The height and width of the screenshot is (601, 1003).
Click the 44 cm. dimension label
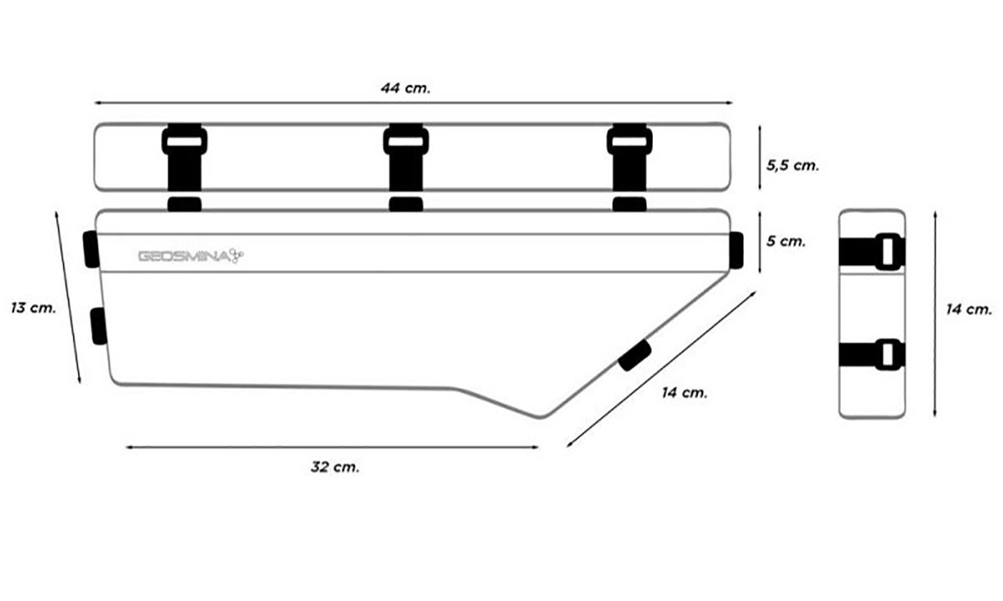click(405, 88)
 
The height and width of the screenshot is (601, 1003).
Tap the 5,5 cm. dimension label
click(792, 166)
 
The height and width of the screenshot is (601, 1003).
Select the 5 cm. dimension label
click(786, 242)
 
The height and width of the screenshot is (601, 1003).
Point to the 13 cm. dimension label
click(33, 308)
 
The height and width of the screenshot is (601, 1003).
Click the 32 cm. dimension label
click(335, 467)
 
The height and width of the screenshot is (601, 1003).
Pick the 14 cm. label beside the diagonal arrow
click(685, 393)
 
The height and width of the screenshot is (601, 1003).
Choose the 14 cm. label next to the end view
click(969, 309)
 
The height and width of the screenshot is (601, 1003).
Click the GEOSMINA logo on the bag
click(191, 256)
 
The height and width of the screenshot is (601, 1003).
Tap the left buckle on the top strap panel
click(185, 140)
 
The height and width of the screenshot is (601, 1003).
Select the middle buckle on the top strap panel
click(405, 140)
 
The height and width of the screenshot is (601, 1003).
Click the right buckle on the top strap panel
click(629, 140)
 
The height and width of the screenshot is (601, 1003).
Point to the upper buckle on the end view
click(888, 252)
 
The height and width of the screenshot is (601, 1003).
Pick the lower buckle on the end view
click(888, 354)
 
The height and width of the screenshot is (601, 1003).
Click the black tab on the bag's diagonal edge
click(634, 355)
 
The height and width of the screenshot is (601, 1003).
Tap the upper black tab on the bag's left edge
click(91, 249)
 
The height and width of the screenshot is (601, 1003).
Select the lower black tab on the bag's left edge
click(99, 326)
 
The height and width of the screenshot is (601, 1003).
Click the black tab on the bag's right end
click(736, 250)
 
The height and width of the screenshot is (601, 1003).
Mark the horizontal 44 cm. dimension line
click(413, 103)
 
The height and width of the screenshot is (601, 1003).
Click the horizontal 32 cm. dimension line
click(332, 447)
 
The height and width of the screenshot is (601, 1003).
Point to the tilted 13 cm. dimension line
click(68, 297)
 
